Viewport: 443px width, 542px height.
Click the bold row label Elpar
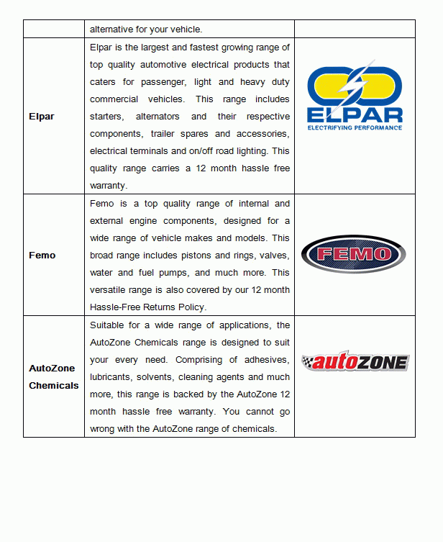[41, 116]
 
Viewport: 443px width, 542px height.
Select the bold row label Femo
[42, 255]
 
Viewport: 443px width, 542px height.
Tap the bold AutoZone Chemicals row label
[53, 376]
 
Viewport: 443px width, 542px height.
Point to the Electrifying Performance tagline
[355, 127]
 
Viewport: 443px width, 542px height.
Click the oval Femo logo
[354, 254]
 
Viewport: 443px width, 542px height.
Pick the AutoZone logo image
[355, 362]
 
